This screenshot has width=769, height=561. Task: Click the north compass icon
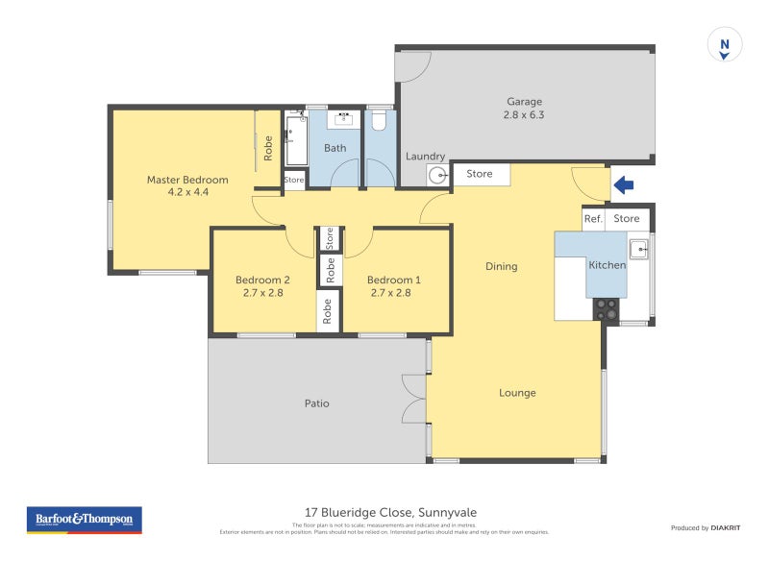(726, 45)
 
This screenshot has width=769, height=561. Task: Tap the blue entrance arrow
(624, 183)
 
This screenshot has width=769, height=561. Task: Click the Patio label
(316, 403)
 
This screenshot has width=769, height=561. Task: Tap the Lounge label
(517, 393)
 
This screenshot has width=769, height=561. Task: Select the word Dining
(501, 266)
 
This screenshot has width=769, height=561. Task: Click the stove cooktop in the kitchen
(606, 309)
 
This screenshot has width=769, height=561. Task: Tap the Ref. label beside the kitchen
(593, 219)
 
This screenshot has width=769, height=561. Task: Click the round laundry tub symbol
(438, 176)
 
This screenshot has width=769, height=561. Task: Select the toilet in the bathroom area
(380, 121)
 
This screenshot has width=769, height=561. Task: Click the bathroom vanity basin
(343, 119)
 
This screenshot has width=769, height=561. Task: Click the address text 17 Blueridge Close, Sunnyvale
(384, 512)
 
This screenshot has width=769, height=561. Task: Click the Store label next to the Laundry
(480, 174)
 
